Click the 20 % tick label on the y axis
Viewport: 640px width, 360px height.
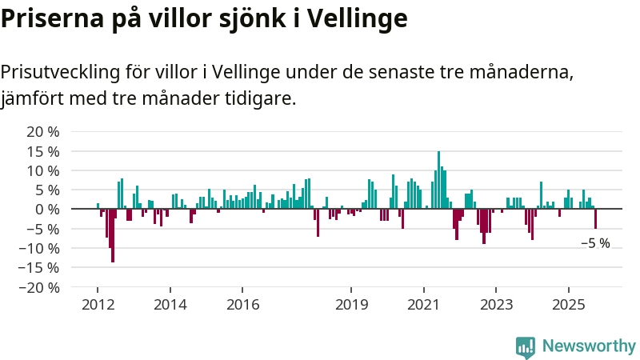(x=43, y=132)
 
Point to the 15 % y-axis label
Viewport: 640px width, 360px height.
(x=43, y=151)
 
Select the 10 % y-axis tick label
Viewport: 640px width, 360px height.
(x=43, y=170)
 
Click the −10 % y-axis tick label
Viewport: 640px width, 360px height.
(x=40, y=248)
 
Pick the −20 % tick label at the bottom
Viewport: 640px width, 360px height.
(x=40, y=287)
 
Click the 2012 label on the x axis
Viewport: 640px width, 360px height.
(x=98, y=304)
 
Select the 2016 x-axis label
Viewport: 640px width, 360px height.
(x=242, y=304)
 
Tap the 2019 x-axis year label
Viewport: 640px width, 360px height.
(x=351, y=304)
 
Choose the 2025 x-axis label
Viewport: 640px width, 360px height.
(x=568, y=304)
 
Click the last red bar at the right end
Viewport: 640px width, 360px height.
(x=595, y=218)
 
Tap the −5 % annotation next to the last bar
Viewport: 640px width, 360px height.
(x=595, y=243)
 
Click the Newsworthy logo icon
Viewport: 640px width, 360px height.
(x=526, y=346)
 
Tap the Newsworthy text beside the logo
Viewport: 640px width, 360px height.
(x=589, y=346)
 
